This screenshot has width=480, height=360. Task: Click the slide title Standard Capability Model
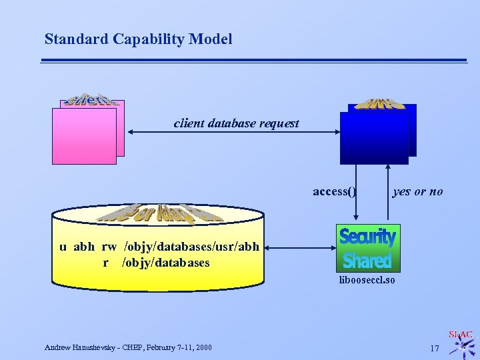138,39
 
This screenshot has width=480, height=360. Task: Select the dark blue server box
373,136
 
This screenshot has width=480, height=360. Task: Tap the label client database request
236,123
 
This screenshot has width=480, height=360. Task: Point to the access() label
335,192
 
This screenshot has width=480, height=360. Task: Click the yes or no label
418,192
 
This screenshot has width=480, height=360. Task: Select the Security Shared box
367,248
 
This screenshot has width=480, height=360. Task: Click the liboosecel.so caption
367,280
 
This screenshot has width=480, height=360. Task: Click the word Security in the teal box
367,237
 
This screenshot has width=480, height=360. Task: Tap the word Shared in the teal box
367,260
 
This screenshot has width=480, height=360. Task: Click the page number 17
434,348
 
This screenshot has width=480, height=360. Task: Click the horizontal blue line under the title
254,61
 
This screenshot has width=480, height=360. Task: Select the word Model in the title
211,39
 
